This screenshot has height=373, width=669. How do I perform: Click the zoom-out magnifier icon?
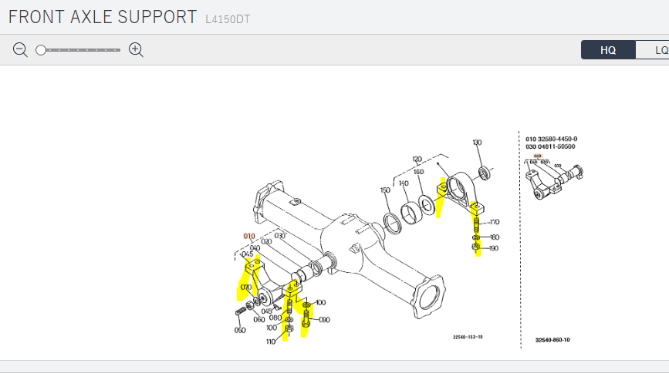tap(20, 50)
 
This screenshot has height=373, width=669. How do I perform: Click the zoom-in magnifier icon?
tap(137, 50)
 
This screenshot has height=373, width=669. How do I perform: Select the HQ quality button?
tap(608, 50)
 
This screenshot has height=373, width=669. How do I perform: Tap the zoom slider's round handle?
tap(41, 50)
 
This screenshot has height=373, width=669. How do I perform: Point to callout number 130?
tap(477, 143)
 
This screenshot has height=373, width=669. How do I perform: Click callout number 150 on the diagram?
tap(385, 190)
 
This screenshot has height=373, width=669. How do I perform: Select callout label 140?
tap(402, 183)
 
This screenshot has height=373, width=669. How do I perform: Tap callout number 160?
tap(418, 172)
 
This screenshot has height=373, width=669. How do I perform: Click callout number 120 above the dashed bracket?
tap(417, 159)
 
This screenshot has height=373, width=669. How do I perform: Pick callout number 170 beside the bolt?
tap(495, 222)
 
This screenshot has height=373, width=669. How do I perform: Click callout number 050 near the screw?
tap(240, 330)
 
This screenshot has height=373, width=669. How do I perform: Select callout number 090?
tap(324, 319)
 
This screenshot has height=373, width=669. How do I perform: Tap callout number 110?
tap(271, 341)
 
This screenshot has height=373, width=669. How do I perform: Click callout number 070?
tap(246, 287)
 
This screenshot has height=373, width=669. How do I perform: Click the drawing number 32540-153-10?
tap(468, 337)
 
